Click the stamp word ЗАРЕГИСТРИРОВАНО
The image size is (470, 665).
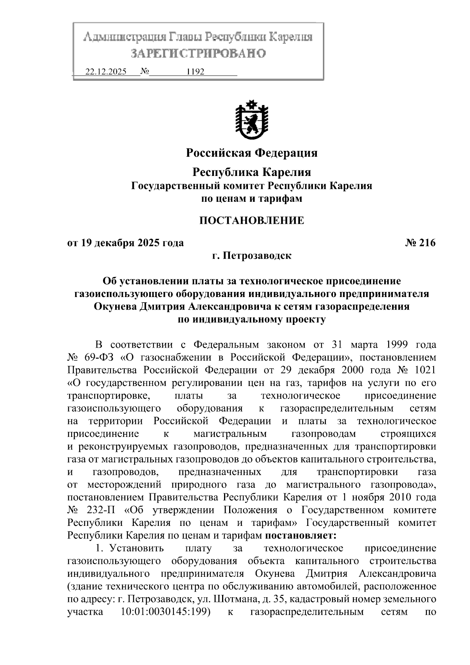coord(198,53)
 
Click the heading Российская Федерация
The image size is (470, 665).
coord(251,153)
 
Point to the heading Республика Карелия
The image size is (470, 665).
coord(252,172)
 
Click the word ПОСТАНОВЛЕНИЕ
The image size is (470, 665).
coord(251,221)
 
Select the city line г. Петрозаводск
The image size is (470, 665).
coord(251,256)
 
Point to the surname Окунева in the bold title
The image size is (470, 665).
coord(116,306)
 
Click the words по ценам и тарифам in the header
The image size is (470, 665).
coord(251,199)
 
